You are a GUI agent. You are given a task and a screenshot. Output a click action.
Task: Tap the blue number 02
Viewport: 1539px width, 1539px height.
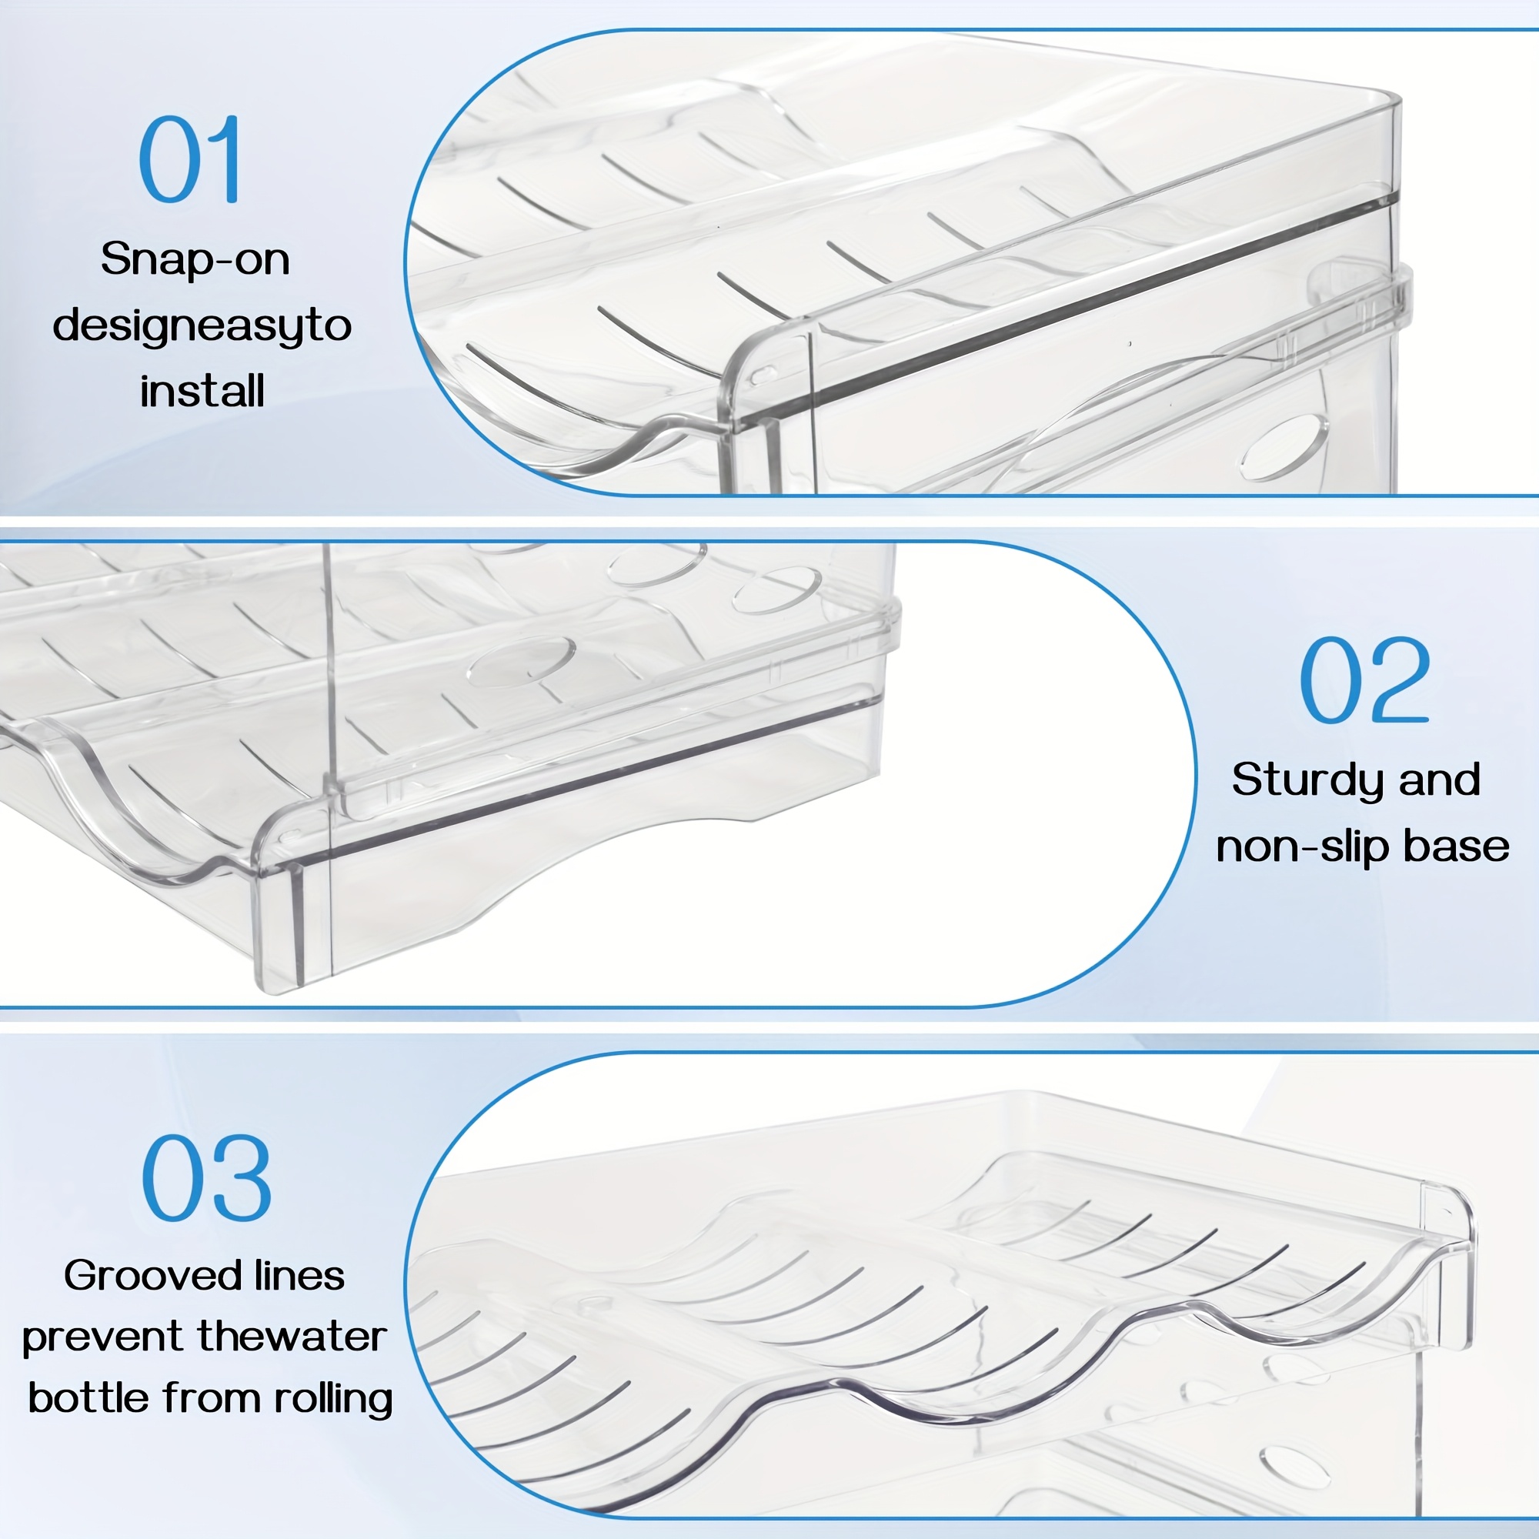pos(1364,679)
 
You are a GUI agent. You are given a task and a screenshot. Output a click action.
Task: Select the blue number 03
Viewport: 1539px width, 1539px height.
pos(206,1178)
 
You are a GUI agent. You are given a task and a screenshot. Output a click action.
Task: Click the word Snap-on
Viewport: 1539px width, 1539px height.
pos(195,259)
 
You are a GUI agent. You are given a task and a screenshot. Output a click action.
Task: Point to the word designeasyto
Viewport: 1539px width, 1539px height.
pos(202,326)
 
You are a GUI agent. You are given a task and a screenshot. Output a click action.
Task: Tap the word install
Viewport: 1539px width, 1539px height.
pos(202,391)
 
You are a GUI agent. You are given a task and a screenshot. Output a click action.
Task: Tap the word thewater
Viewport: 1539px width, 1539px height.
pos(292,1337)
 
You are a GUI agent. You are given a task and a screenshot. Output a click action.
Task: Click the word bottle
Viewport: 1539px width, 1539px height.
pos(88,1398)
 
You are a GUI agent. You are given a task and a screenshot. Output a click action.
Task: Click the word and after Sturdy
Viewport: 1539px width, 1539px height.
pos(1440,779)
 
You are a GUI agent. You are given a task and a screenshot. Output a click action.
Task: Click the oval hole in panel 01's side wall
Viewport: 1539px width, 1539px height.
pos(1284,447)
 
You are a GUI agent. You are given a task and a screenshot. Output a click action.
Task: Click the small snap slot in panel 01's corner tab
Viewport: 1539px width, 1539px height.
pos(763,374)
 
